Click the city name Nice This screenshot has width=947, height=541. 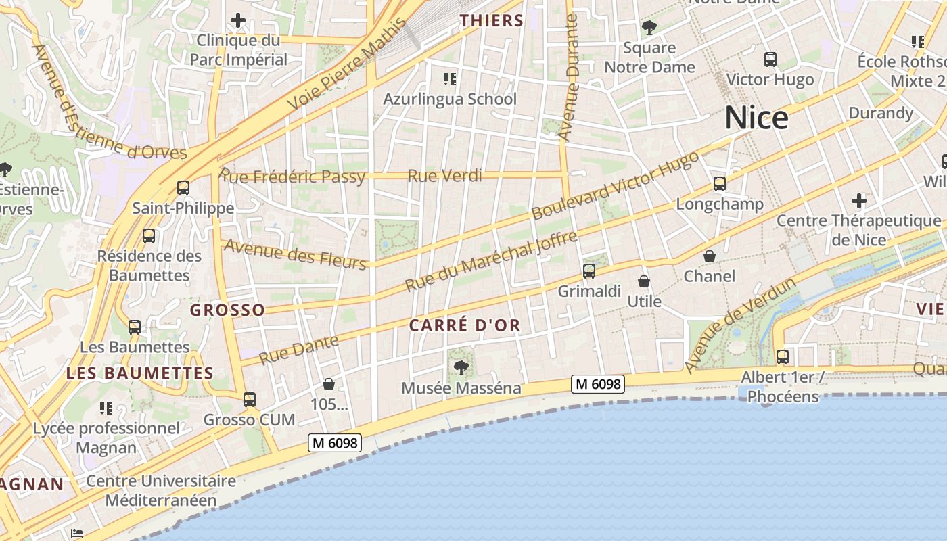756,118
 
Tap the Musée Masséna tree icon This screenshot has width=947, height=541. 461,368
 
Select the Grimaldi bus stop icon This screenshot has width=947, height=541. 589,271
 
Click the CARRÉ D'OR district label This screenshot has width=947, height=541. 465,325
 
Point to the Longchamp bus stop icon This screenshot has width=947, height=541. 720,184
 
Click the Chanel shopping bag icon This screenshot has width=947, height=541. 710,256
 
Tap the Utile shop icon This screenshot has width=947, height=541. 644,281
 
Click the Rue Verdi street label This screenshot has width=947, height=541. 444,177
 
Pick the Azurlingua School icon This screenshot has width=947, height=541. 450,80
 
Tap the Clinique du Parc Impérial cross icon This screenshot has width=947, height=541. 238,20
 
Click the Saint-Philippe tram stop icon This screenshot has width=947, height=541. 183,188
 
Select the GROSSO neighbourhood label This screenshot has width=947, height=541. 227,310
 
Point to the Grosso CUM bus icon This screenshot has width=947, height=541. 250,400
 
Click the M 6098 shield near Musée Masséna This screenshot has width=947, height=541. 597,384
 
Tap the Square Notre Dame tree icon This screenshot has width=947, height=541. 649,28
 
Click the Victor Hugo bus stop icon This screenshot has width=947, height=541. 770,60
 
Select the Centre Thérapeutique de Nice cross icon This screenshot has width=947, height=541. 859,201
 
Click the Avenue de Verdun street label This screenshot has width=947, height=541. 740,325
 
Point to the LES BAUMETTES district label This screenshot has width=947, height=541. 140,373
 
